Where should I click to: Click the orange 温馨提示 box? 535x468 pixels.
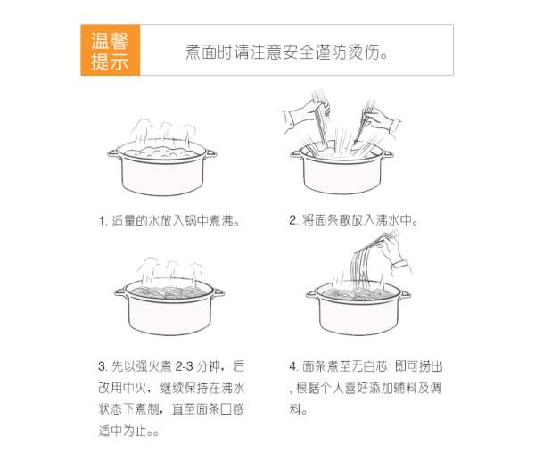pyautogui.click(x=111, y=50)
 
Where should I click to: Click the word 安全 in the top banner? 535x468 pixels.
pyautogui.click(x=299, y=53)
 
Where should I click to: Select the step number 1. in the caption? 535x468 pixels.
pyautogui.click(x=103, y=221)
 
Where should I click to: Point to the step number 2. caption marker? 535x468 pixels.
pyautogui.click(x=293, y=220)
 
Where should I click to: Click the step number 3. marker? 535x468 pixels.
pyautogui.click(x=103, y=366)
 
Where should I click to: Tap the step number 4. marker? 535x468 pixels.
pyautogui.click(x=293, y=367)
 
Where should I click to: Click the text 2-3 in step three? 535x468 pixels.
pyautogui.click(x=185, y=366)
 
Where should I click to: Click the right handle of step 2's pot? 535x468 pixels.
pyautogui.click(x=387, y=154)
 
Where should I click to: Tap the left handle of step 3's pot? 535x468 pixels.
pyautogui.click(x=120, y=292)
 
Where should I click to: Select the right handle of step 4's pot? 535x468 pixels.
pyautogui.click(x=404, y=294)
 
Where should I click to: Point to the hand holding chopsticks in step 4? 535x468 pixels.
pyautogui.click(x=396, y=252)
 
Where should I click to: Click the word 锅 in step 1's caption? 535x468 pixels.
pyautogui.click(x=191, y=221)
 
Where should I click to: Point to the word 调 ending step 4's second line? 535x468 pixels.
pyautogui.click(x=436, y=388)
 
